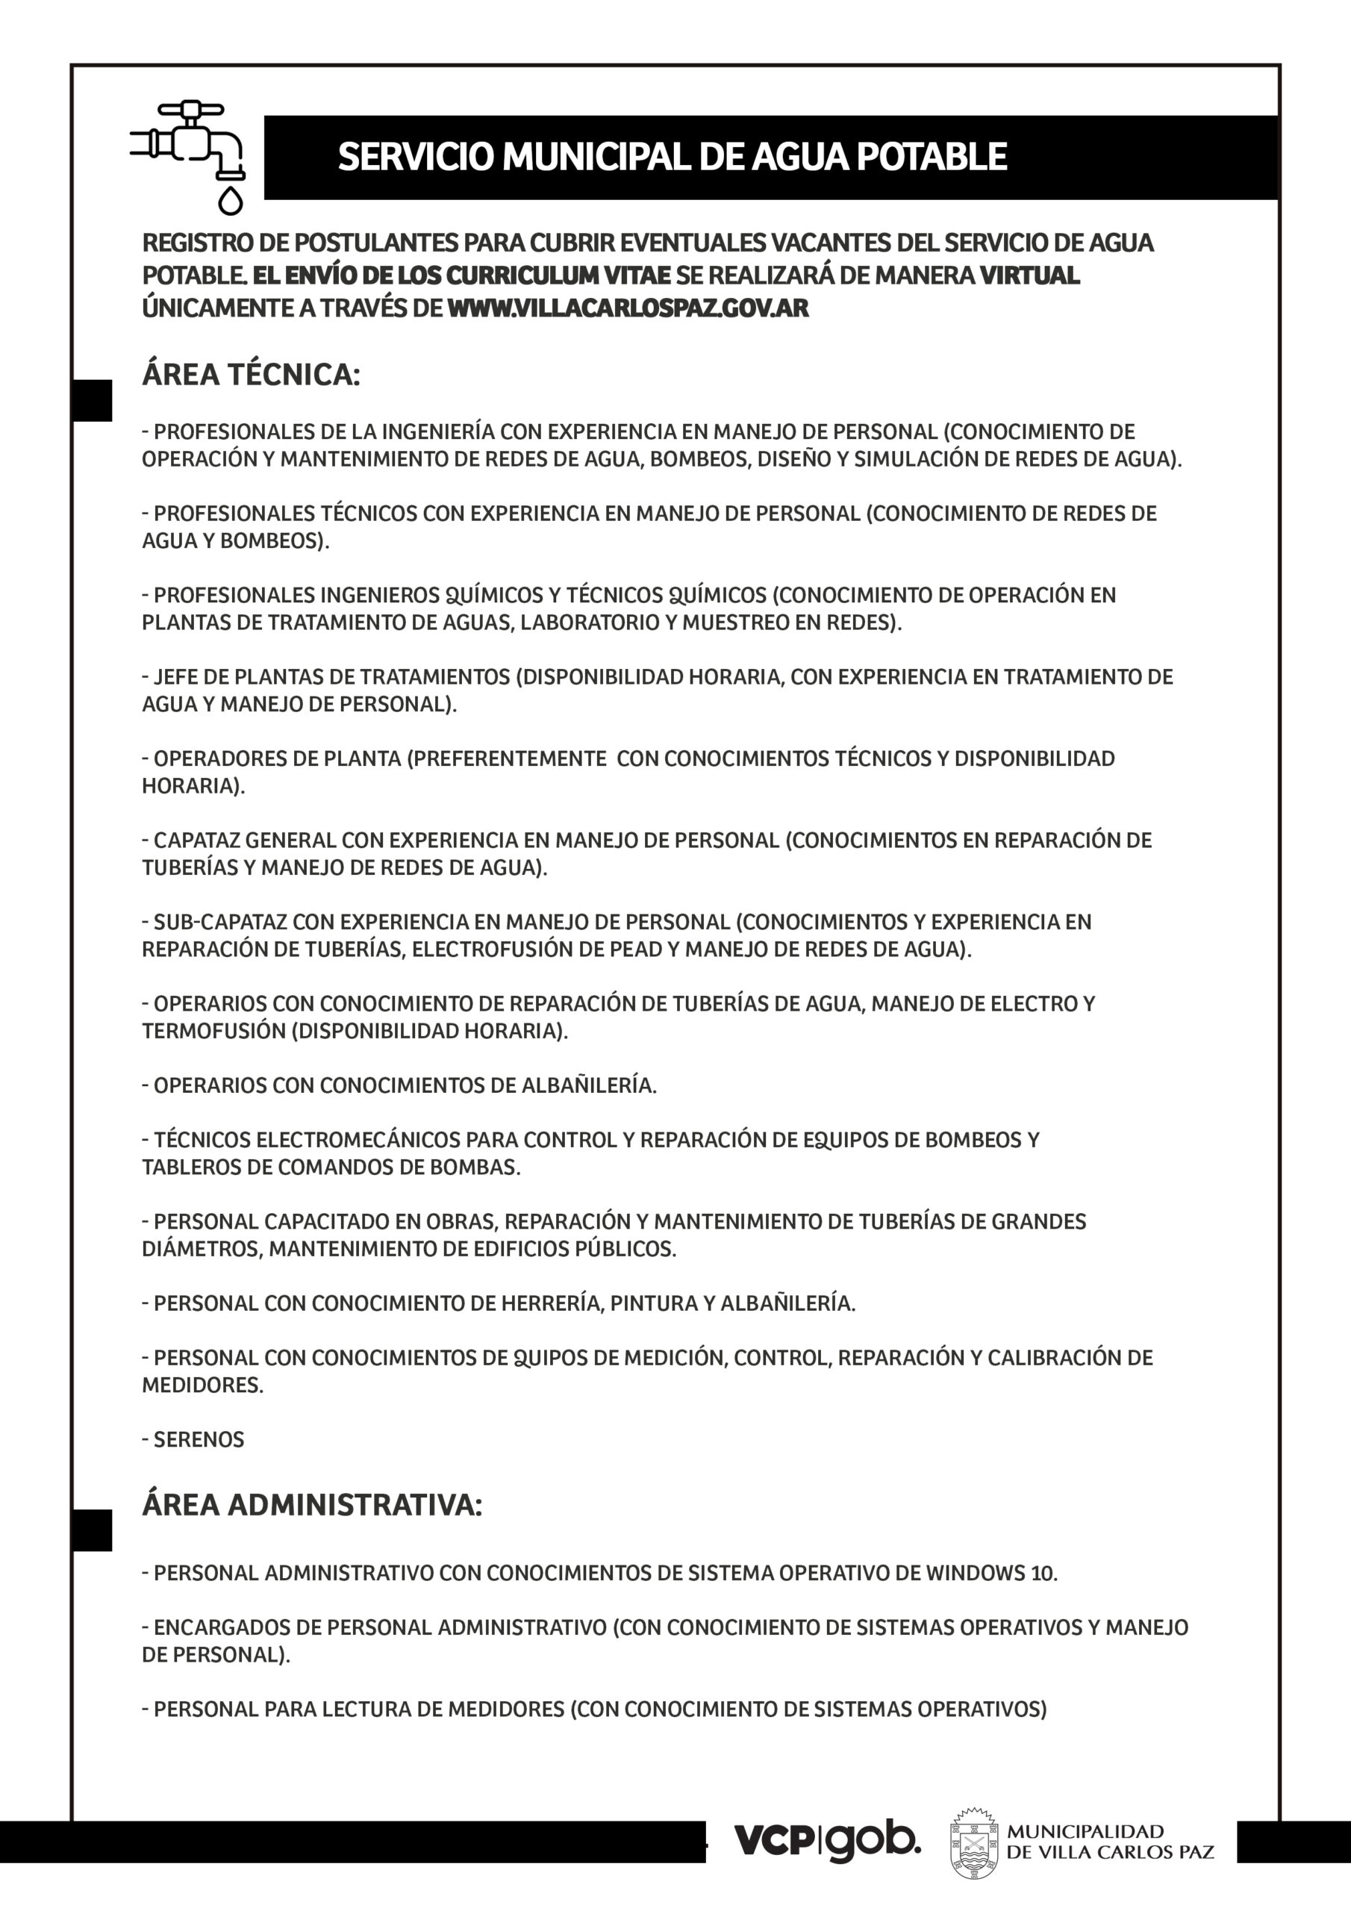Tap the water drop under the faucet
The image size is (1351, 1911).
pyautogui.click(x=231, y=201)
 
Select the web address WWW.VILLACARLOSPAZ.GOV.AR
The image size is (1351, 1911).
pyautogui.click(x=628, y=308)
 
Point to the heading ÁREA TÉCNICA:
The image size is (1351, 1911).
pyautogui.click(x=251, y=375)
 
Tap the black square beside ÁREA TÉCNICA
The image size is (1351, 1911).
pyautogui.click(x=92, y=400)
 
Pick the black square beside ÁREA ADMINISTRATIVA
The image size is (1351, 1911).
pyautogui.click(x=92, y=1530)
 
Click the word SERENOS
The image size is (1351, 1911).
pyautogui.click(x=199, y=1440)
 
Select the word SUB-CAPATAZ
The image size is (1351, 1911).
pyautogui.click(x=221, y=922)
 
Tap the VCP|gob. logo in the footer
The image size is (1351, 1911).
pyautogui.click(x=826, y=1840)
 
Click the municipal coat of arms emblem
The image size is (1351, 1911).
pyautogui.click(x=974, y=1844)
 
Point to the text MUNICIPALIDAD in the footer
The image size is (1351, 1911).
pyautogui.click(x=1085, y=1831)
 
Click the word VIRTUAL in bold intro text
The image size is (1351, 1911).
pyautogui.click(x=1030, y=275)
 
